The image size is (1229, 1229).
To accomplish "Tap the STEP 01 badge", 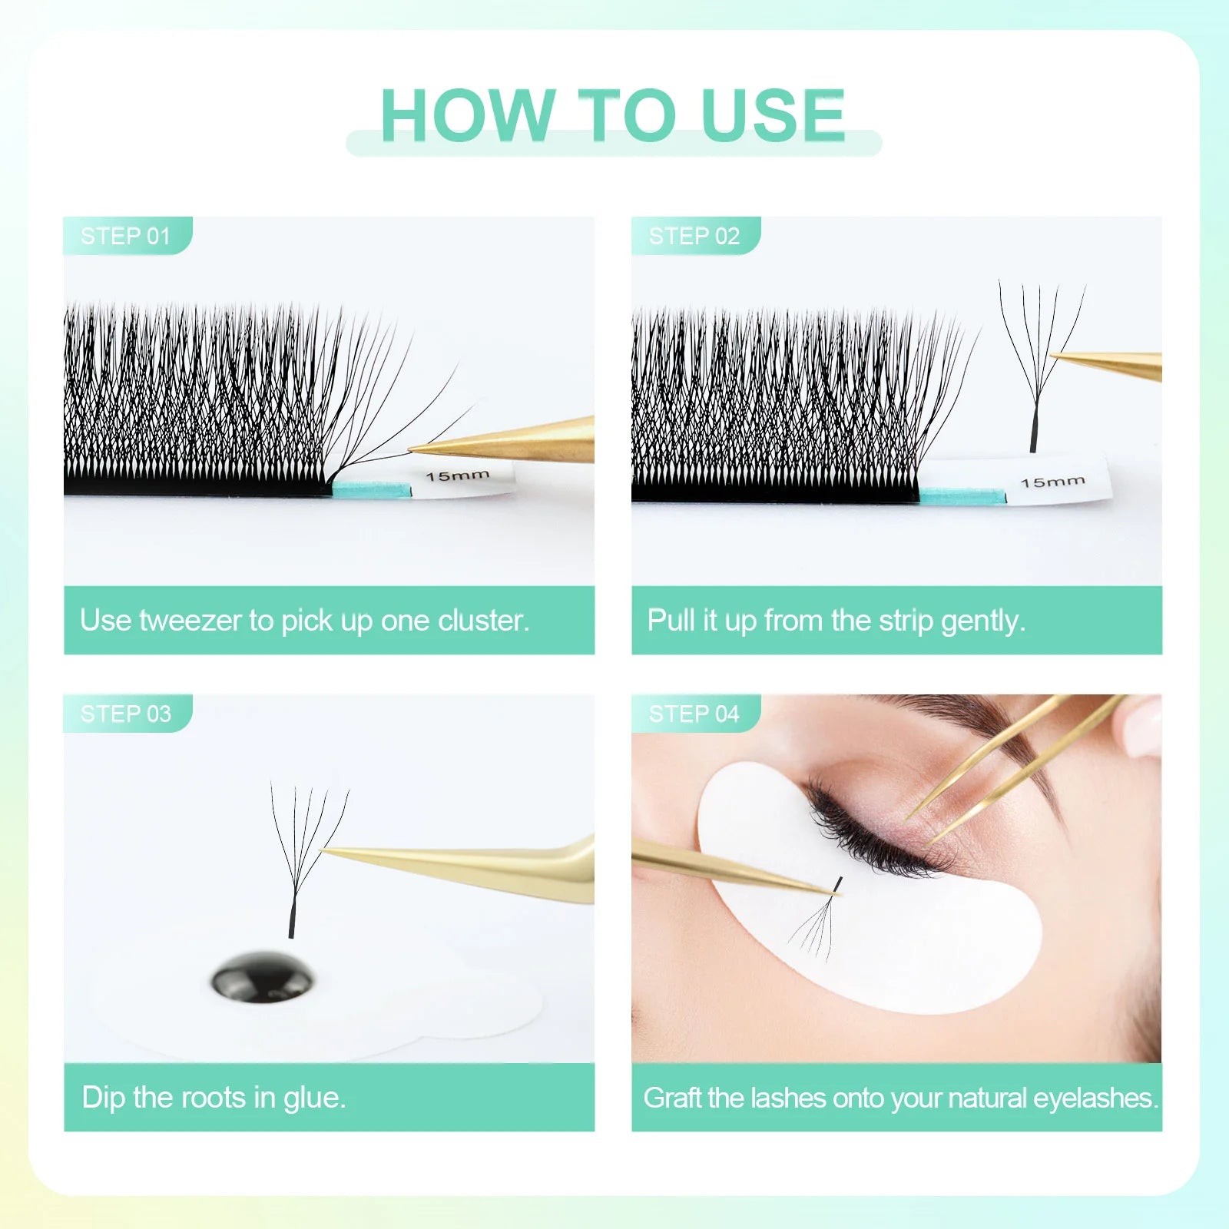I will [x=125, y=236].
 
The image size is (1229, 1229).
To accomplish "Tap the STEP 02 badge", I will [x=694, y=236].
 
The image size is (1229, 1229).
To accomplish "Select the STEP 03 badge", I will [x=125, y=714].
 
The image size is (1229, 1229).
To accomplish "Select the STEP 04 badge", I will [x=694, y=714].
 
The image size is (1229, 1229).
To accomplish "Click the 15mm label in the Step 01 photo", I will [x=458, y=476].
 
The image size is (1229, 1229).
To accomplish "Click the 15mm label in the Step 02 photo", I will [x=1052, y=482].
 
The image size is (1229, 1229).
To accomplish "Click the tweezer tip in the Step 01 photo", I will [x=415, y=449].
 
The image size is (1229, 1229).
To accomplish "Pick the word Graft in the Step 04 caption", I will [x=673, y=1098].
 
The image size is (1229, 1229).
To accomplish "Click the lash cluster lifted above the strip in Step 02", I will [x=1037, y=361].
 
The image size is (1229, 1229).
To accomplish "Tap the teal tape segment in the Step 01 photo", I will [x=372, y=490].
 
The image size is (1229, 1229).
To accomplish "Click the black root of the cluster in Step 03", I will [x=292, y=918].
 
